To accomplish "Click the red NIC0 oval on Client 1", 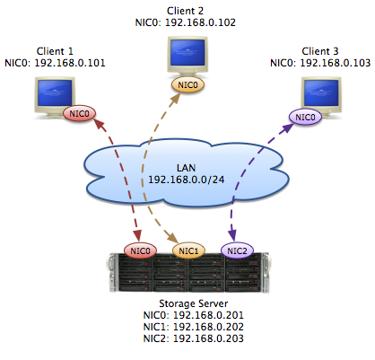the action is (80, 114).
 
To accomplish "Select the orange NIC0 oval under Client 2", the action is (187, 85).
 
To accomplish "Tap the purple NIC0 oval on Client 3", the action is (305, 117).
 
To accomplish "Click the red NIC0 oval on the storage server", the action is (140, 250).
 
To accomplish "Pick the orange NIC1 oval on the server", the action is (188, 250).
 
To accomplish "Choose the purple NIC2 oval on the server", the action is (237, 250).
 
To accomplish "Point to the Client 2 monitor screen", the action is (187, 53).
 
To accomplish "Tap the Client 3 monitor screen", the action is (321, 93).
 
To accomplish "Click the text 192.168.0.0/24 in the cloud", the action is (187, 180).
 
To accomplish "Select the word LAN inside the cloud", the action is (186, 168).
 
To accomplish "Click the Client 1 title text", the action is (55, 51).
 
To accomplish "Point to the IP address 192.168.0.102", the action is (200, 22).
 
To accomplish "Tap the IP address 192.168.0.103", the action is (336, 63).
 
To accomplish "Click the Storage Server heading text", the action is (194, 303).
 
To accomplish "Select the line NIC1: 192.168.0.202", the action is (194, 327).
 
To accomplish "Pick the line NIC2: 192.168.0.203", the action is (194, 338).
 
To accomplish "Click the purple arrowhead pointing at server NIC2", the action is (232, 235).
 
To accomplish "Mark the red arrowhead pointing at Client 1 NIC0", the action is (100, 125).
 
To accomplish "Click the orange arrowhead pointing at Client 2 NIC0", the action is (176, 98).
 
